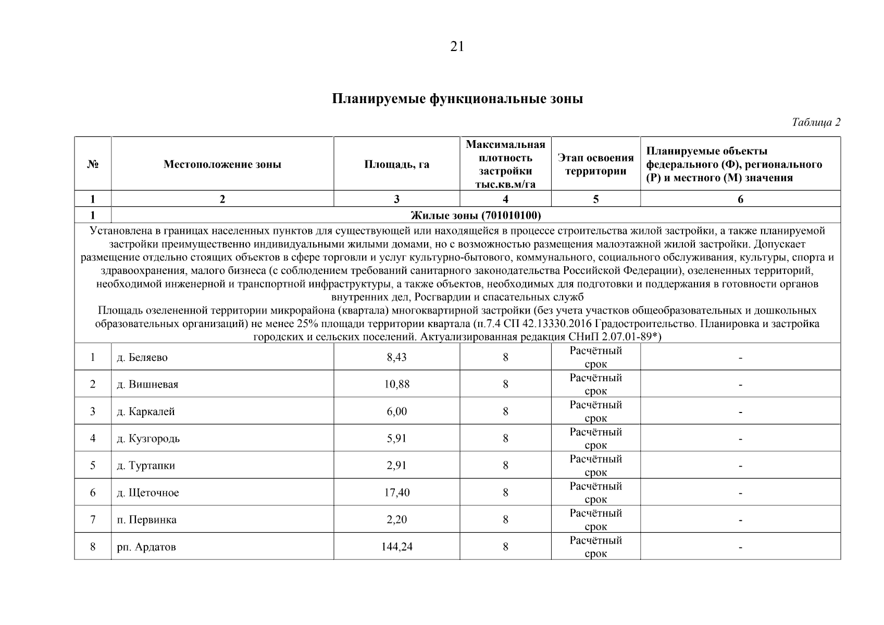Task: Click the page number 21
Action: [x=456, y=47]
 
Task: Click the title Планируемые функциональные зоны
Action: [x=457, y=99]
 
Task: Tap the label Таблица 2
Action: [x=816, y=123]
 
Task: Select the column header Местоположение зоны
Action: [x=222, y=165]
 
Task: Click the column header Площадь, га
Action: [x=396, y=165]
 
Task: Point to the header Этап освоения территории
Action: [x=595, y=165]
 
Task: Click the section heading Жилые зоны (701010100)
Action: [x=476, y=215]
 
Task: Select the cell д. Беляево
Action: [x=142, y=357]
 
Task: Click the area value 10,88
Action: [x=396, y=384]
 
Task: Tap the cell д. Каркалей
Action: [x=145, y=411]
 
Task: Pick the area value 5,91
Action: [x=396, y=439]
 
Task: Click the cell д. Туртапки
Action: [x=145, y=466]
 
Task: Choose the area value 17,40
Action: [x=396, y=493]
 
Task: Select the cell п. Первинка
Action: [x=146, y=520]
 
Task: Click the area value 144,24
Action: [x=396, y=547]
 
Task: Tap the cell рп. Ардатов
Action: [x=146, y=547]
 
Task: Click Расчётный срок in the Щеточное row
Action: [x=595, y=493]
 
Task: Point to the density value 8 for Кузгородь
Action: [x=505, y=439]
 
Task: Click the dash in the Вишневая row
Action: [x=740, y=385]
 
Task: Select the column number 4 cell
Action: [x=505, y=199]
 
